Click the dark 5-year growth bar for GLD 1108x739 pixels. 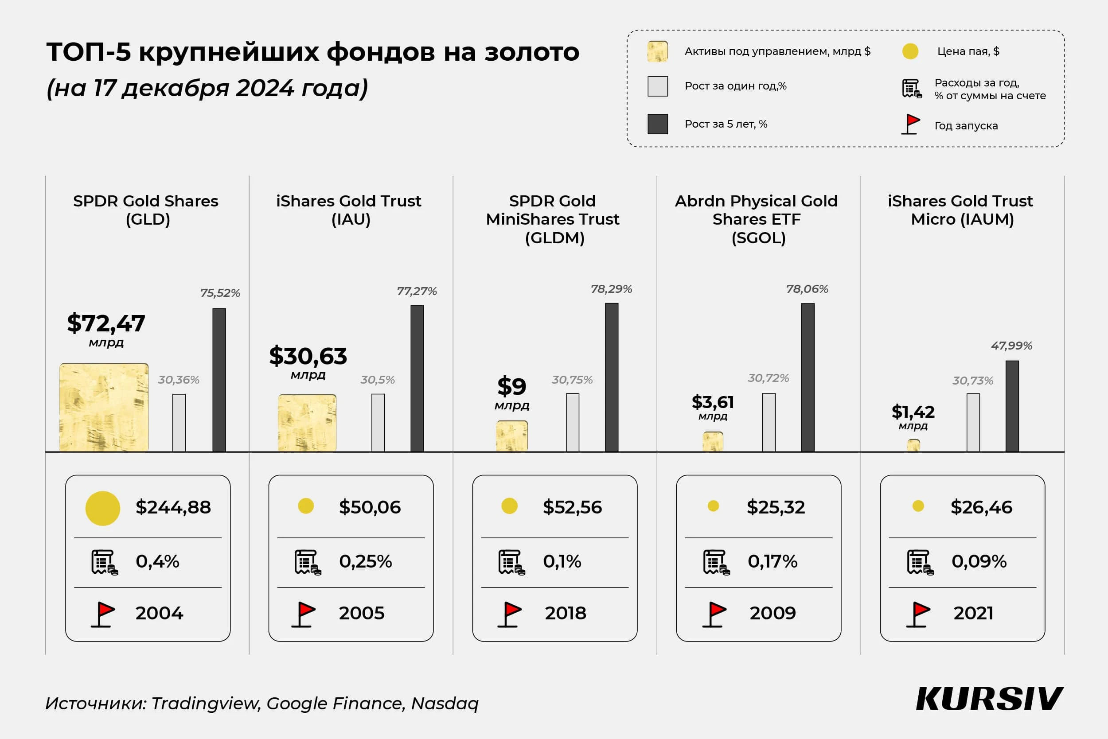point(219,380)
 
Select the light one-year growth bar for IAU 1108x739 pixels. point(378,423)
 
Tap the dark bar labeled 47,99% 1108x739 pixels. point(1012,406)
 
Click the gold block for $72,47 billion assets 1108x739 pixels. point(104,407)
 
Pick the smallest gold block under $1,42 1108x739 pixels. point(913,445)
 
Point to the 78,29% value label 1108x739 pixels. point(611,289)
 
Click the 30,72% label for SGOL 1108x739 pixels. point(768,378)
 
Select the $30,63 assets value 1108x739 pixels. point(308,356)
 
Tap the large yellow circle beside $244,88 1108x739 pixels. point(102,508)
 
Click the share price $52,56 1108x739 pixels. point(572,507)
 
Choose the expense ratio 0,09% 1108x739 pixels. point(979,561)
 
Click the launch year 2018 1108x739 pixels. point(566,613)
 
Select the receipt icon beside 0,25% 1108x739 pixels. point(307,562)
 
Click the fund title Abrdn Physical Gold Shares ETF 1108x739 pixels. point(756,219)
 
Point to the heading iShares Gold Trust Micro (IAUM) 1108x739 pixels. point(960,210)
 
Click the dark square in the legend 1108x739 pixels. point(657,124)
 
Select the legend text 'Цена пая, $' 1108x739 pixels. point(968,51)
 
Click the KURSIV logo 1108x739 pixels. point(989,699)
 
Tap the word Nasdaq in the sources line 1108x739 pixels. point(444,703)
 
